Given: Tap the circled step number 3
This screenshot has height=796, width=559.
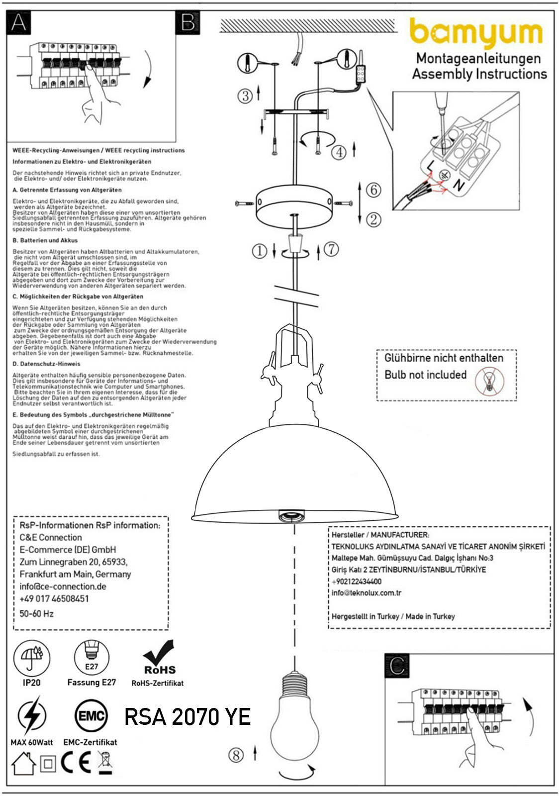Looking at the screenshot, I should click(245, 96).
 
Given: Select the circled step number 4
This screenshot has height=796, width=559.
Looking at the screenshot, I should click(339, 152).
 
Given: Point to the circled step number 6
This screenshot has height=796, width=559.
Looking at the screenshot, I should click(373, 190).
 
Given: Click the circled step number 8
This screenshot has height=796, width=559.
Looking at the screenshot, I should click(236, 755).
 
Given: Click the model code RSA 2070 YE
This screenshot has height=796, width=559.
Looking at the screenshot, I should click(187, 717).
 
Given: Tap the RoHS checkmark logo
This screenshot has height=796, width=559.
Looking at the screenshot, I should click(159, 657).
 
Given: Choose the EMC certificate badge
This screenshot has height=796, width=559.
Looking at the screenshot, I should click(91, 716).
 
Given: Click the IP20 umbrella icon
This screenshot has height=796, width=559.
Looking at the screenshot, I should click(32, 658).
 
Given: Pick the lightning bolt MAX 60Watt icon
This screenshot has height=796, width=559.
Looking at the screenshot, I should click(31, 716).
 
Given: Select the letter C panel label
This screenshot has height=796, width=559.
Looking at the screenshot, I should click(397, 666).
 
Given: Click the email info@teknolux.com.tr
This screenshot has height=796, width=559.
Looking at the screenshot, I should click(367, 593).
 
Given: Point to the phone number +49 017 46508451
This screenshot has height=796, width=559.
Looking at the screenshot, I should click(54, 598).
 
